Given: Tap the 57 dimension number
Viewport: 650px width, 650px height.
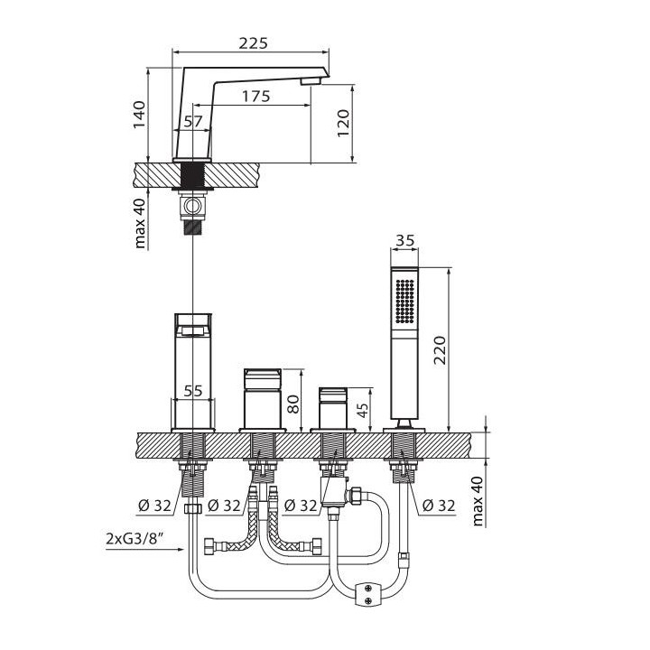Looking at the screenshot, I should pos(193,121).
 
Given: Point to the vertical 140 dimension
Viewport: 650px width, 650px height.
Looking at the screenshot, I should pos(139,115).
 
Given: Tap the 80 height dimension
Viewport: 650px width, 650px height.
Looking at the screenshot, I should pos(292,401).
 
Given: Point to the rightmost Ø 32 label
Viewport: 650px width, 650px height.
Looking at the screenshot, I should pos(437,505).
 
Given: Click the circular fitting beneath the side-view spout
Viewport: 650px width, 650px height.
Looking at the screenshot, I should pos(192,208).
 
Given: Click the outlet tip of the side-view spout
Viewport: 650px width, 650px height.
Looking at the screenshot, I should pos(311,82).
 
